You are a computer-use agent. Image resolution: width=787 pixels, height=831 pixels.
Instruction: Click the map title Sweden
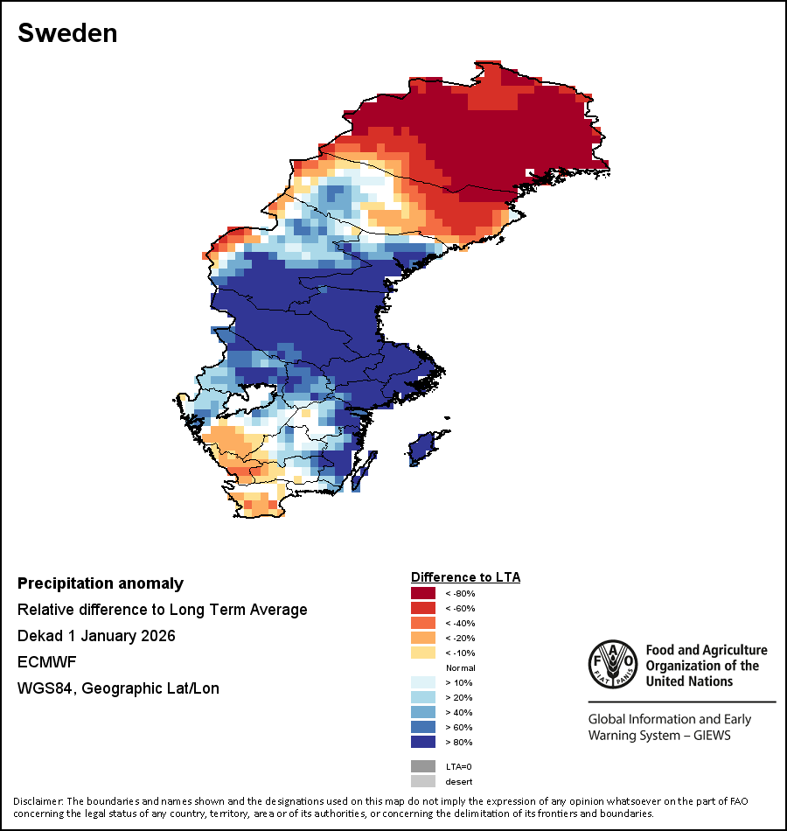67,33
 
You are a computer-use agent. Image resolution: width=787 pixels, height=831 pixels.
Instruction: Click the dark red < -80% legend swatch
423,594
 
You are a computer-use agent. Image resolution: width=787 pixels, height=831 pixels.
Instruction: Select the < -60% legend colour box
423,609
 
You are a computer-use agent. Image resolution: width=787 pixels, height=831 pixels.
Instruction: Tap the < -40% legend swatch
423,624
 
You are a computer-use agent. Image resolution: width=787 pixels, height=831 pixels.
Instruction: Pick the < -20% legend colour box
423,639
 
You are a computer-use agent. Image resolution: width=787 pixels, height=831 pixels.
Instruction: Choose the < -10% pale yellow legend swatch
423,653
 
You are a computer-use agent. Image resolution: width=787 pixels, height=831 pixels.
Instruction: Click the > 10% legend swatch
423,683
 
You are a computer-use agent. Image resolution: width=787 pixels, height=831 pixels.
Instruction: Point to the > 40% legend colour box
423,713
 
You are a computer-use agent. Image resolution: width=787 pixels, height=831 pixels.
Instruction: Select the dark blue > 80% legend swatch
423,743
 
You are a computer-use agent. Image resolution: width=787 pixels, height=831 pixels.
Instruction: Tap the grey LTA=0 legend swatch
423,766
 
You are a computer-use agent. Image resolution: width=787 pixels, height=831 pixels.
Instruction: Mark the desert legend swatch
423,781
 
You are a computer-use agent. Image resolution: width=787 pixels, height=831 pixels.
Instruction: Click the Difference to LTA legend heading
465,577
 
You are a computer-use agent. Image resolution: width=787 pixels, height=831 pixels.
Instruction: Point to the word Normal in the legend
460,668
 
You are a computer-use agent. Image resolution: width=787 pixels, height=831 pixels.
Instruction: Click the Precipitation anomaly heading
101,583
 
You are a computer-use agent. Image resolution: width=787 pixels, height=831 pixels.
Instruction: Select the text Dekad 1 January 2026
96,636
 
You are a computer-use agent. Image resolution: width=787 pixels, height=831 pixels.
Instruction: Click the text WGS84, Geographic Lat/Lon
118,688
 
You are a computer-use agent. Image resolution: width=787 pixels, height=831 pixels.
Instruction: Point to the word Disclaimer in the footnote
37,801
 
